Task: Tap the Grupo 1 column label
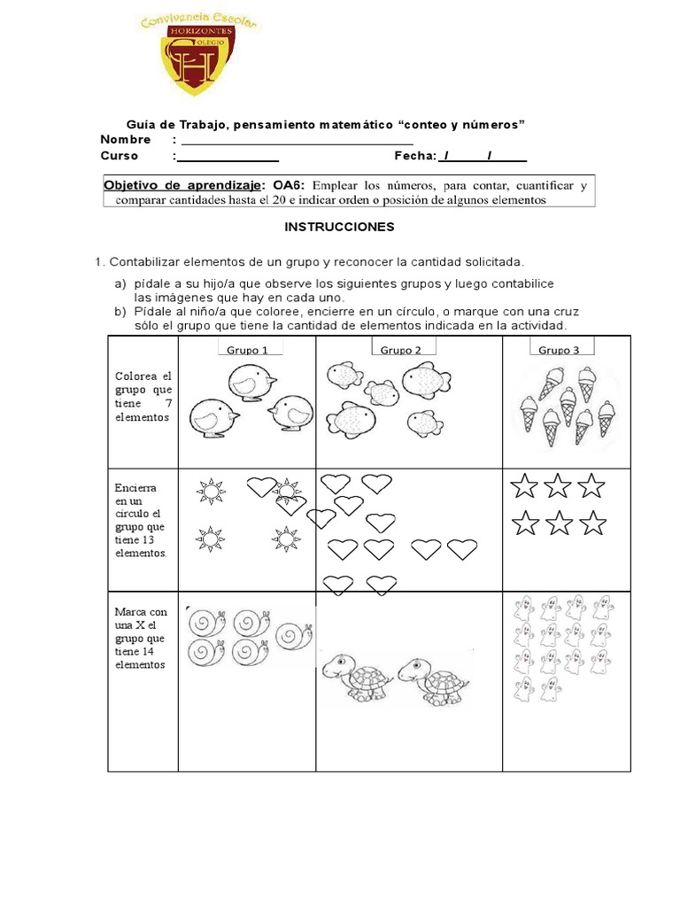[x=247, y=350]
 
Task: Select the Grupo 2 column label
[x=401, y=350]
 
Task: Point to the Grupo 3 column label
[x=559, y=350]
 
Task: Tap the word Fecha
[x=414, y=157]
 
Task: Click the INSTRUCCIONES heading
[x=339, y=227]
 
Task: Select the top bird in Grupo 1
[x=251, y=382]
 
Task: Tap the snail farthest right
[x=293, y=635]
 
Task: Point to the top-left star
[x=525, y=485]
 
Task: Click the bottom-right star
[x=591, y=523]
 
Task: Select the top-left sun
[x=212, y=489]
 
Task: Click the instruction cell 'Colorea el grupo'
[x=142, y=397]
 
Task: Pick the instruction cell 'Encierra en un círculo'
[x=142, y=520]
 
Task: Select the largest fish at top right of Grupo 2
[x=426, y=379]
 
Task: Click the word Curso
[x=120, y=157]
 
